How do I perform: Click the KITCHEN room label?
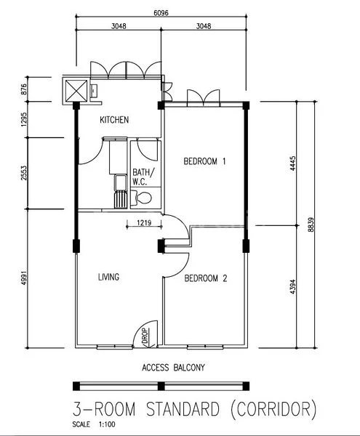pos(114,120)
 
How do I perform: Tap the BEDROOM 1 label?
pos(204,161)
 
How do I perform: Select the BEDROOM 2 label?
pos(206,278)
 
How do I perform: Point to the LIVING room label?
pos(109,277)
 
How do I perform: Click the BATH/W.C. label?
pos(143,177)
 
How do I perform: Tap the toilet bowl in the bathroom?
pos(142,198)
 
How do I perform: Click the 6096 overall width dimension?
pos(161,13)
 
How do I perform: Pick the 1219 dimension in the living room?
pos(144,223)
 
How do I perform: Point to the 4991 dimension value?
pos(24,278)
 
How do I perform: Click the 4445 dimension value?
pos(292,163)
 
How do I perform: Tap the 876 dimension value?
pos(24,89)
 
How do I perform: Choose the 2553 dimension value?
pos(24,173)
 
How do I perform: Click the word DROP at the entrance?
pos(145,336)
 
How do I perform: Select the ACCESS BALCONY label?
pos(173,368)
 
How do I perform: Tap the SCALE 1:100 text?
pos(94,424)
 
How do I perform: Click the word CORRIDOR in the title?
pos(273,409)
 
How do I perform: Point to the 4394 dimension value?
pos(292,287)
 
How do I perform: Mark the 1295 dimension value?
pos(24,120)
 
